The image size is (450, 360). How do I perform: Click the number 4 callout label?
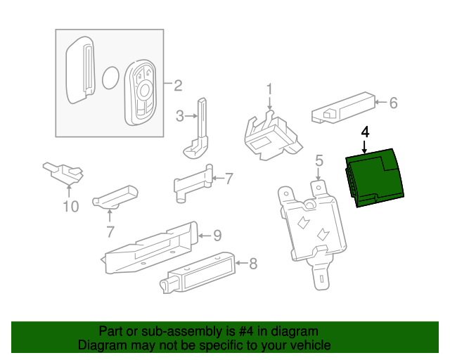(x=364, y=131)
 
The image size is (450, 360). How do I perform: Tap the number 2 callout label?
(x=177, y=86)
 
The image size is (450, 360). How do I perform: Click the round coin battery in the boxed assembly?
(x=111, y=78)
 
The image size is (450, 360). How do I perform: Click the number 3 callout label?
(x=179, y=115)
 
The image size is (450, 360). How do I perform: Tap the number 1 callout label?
(x=269, y=89)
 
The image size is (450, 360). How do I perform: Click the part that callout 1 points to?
(x=271, y=135)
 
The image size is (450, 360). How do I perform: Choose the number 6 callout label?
(x=393, y=103)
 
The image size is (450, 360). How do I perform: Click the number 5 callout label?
(x=319, y=161)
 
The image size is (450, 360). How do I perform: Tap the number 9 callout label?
(x=217, y=234)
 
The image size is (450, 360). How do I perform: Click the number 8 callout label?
(x=253, y=264)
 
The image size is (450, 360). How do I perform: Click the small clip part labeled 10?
(x=64, y=171)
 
